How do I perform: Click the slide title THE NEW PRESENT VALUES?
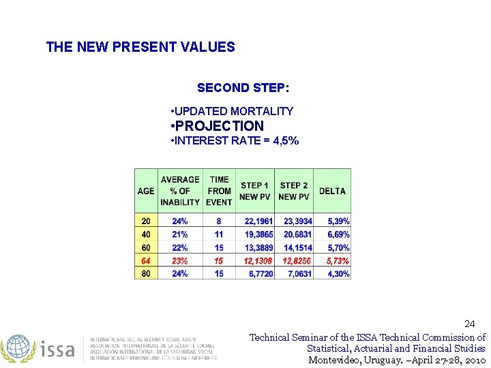pyautogui.click(x=140, y=47)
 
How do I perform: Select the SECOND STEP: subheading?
pyautogui.click(x=243, y=88)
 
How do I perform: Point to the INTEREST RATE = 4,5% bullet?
pyautogui.click(x=235, y=141)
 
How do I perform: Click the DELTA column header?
pyautogui.click(x=332, y=191)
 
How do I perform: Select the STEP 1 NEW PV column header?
pyautogui.click(x=254, y=191)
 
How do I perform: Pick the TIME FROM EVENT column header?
pyautogui.click(x=219, y=191)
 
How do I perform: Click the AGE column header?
pyautogui.click(x=146, y=191)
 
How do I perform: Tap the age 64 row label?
pyautogui.click(x=146, y=261)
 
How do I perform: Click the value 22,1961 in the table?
pyautogui.click(x=258, y=221)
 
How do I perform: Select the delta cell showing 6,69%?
pyautogui.click(x=338, y=234)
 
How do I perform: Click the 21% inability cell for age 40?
pyautogui.click(x=180, y=234)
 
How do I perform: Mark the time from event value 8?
pyautogui.click(x=219, y=221)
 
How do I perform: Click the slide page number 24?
pyautogui.click(x=469, y=323)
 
